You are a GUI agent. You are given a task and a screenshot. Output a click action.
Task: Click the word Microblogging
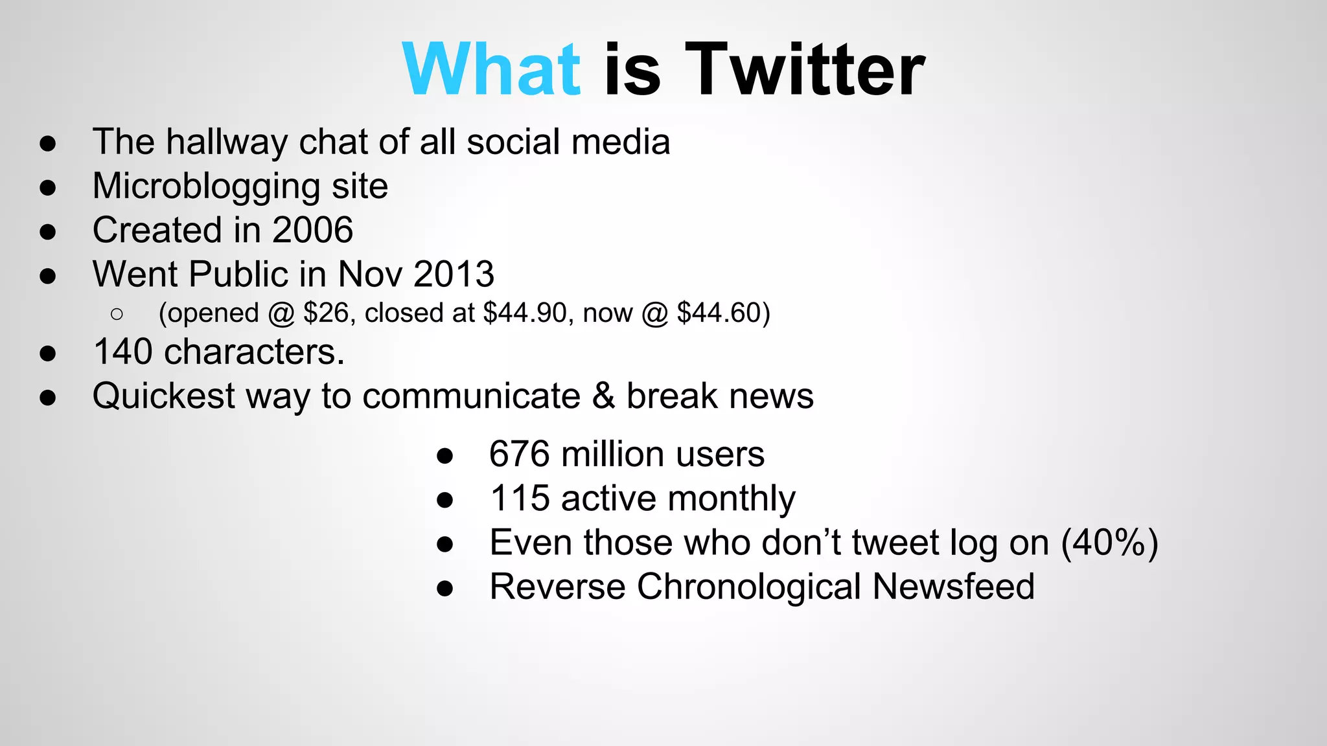(206, 186)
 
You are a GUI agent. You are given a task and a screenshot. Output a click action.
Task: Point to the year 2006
(312, 230)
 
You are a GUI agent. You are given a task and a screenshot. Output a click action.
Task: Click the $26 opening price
(326, 313)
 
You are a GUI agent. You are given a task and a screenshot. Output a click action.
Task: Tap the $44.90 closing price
(525, 313)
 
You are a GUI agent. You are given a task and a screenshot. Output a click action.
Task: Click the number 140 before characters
(122, 352)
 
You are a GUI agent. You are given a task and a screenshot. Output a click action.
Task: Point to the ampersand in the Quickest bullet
(603, 396)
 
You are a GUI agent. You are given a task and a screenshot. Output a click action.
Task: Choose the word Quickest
(164, 396)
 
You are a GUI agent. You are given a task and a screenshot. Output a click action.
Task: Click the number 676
(520, 454)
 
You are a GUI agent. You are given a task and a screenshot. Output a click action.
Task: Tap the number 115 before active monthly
(520, 499)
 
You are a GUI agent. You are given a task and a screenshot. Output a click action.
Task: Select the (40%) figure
(1109, 543)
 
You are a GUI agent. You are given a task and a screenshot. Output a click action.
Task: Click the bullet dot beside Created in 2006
(47, 232)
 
